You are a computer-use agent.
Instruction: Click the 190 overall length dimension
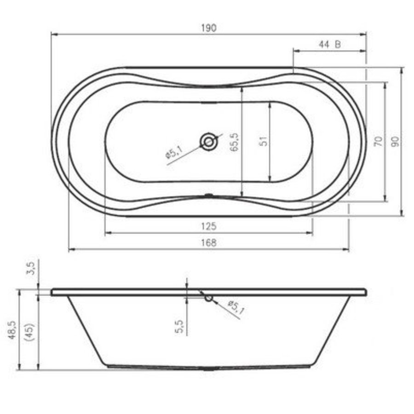tap(209, 28)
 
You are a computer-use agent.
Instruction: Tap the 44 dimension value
tap(324, 44)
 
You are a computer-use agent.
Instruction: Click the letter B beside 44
tap(338, 44)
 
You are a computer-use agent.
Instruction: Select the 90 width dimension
tap(395, 142)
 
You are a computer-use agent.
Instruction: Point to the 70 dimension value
tap(379, 142)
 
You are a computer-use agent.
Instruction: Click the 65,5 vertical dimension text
tap(234, 142)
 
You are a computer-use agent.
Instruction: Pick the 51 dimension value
tap(264, 141)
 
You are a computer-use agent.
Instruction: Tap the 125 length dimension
tap(208, 226)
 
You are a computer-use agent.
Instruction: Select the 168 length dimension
tap(208, 242)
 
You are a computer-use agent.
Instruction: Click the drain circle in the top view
tap(208, 142)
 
